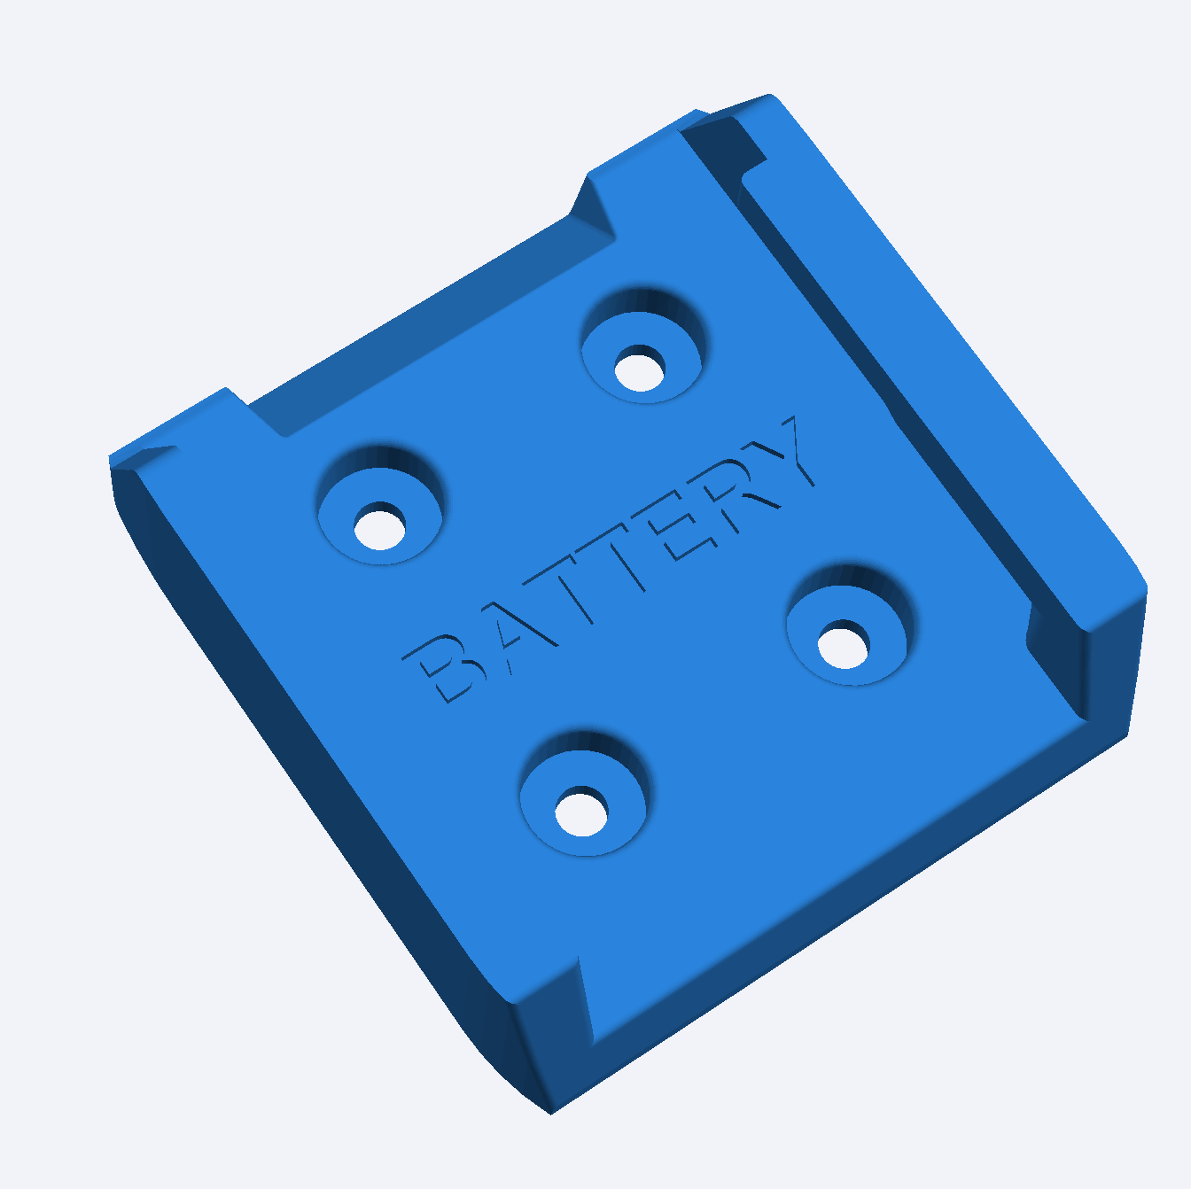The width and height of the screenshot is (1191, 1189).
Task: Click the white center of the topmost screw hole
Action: coord(640,369)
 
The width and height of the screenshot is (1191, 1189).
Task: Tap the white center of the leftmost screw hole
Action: coord(380,527)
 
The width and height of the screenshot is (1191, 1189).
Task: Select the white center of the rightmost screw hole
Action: coord(843,645)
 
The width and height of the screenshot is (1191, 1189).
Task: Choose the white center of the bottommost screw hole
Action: coord(581,812)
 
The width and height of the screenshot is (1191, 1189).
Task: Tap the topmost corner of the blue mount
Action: coord(769,95)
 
